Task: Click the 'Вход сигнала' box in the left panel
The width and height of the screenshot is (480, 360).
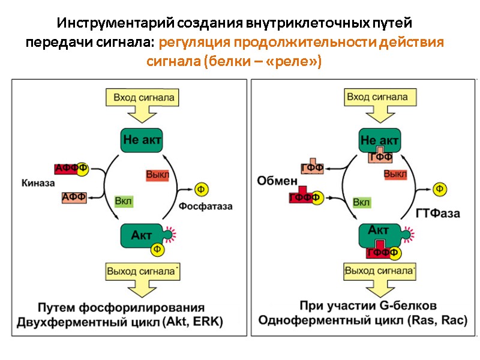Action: click(x=142, y=97)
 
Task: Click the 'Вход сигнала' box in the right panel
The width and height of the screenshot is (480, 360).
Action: click(x=378, y=97)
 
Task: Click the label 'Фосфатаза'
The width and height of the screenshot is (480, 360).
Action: click(x=205, y=206)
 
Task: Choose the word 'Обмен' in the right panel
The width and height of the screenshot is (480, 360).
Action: click(x=278, y=180)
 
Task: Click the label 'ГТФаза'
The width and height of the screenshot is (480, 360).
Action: click(x=438, y=213)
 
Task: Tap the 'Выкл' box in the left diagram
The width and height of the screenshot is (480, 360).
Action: click(x=158, y=174)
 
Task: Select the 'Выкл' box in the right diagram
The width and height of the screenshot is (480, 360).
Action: click(x=395, y=174)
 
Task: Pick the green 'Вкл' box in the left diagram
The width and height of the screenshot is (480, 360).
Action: click(x=123, y=200)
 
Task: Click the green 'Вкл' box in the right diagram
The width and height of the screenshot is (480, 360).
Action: click(x=361, y=202)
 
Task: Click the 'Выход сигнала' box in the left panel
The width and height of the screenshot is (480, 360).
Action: click(x=142, y=271)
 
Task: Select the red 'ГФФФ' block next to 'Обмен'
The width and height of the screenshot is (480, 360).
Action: click(x=301, y=197)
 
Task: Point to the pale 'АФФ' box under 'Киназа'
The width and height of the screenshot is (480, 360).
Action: click(x=74, y=197)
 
